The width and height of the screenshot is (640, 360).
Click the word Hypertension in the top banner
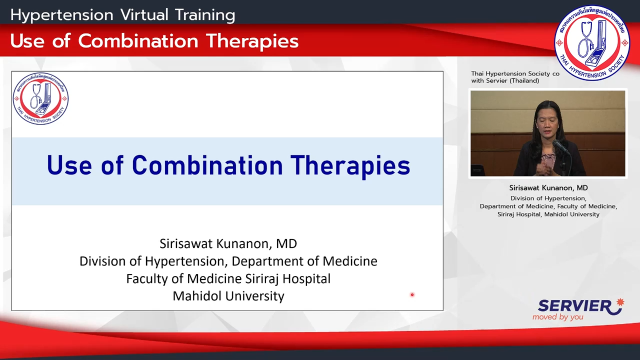click(62, 15)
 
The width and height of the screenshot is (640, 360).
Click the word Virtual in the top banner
click(144, 14)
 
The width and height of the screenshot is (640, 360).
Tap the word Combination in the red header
click(138, 41)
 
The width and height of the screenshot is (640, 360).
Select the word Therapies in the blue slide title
click(350, 165)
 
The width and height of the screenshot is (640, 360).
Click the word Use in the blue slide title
click(69, 165)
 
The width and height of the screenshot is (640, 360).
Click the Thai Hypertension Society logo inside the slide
click(40, 98)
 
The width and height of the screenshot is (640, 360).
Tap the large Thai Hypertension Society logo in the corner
click(592, 43)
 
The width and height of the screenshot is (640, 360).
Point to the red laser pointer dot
click(412, 294)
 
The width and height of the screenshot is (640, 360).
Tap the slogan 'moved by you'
click(557, 317)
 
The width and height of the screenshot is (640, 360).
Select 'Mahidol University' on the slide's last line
click(228, 296)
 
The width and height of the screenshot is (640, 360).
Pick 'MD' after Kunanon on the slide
click(286, 243)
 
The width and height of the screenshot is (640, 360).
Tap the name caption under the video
click(548, 187)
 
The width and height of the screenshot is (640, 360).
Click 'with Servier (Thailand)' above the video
click(505, 81)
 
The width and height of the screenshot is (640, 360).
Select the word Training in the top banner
click(205, 15)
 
